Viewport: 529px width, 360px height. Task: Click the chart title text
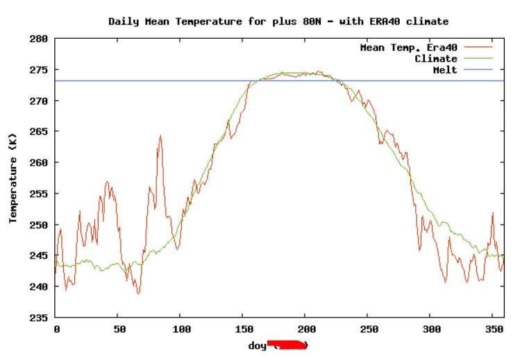[278, 22]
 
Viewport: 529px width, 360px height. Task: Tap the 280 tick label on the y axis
[40, 39]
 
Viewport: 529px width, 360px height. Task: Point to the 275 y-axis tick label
[40, 70]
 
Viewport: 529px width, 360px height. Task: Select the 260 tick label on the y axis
[40, 162]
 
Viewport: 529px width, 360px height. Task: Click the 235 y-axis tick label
[40, 317]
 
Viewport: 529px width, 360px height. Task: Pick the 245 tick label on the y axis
[40, 255]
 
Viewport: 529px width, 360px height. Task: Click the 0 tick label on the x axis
[56, 329]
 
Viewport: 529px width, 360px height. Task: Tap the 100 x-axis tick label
[180, 329]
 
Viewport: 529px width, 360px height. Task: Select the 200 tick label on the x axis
[305, 329]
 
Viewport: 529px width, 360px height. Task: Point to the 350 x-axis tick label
[492, 329]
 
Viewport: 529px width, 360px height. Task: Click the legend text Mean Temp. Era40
[408, 48]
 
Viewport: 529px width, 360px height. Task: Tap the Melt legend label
[445, 70]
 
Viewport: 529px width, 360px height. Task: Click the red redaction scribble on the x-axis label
[287, 345]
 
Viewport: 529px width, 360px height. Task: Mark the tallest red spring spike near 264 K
[160, 137]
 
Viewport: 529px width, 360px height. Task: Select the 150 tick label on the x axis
[243, 329]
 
